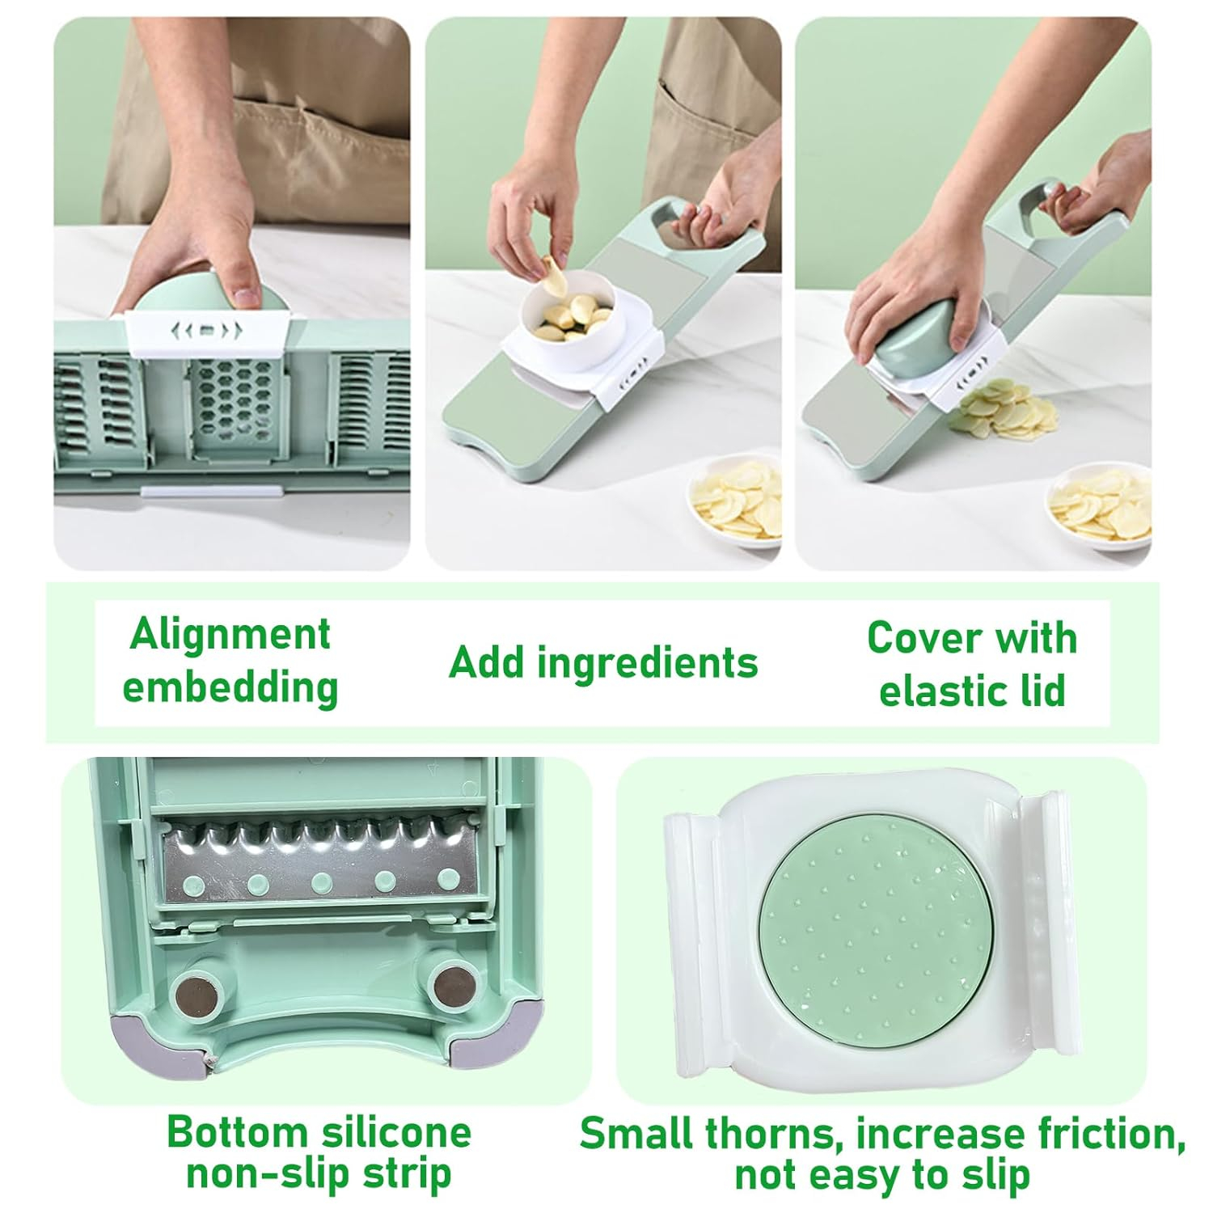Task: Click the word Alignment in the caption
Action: [x=230, y=635]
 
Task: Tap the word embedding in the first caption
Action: [x=230, y=688]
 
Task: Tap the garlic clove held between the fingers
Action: [x=552, y=275]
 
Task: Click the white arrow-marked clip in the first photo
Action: [x=206, y=332]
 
